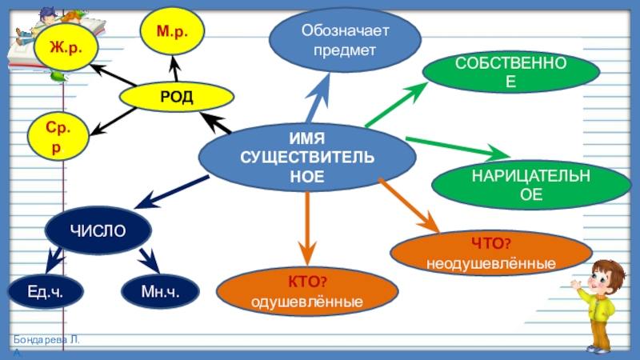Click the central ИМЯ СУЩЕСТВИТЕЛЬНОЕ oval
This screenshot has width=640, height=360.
point(307,156)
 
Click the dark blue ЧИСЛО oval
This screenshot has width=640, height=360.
point(98,230)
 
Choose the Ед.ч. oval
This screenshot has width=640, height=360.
point(45,292)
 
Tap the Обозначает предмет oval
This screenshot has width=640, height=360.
point(343,41)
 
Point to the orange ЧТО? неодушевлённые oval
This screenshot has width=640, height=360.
point(490,254)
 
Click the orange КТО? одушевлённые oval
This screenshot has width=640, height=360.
point(307,292)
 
